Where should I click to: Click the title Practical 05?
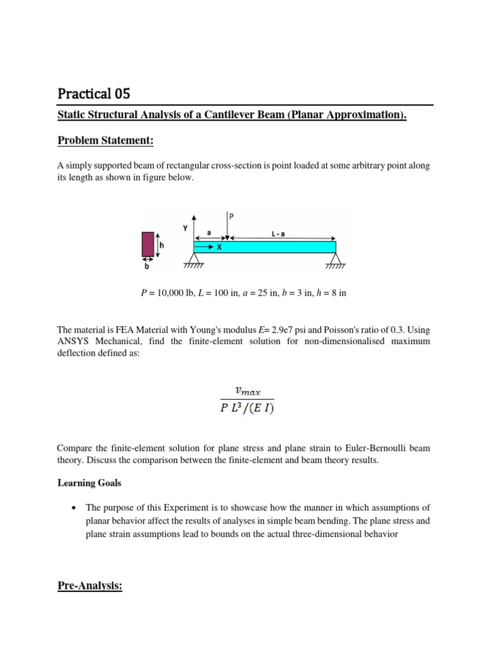point(94,94)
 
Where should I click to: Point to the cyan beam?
point(265,247)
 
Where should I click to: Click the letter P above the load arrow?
point(232,217)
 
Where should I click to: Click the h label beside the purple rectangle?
point(163,244)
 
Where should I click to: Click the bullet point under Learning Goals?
point(75,508)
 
